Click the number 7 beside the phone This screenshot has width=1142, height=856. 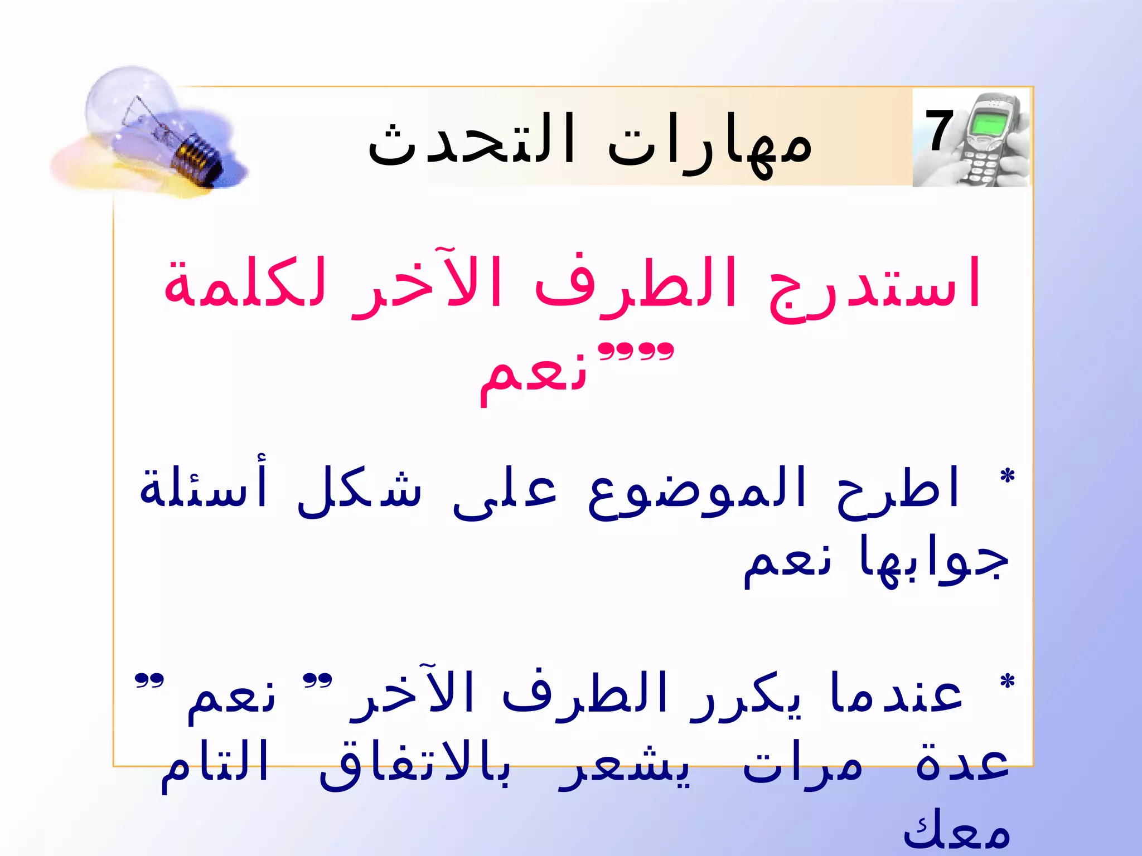pyautogui.click(x=940, y=131)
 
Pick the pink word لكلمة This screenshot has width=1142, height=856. pyautogui.click(x=245, y=284)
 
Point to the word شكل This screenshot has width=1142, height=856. pyautogui.click(x=360, y=490)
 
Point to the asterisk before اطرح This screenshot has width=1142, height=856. pyautogui.click(x=1006, y=476)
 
